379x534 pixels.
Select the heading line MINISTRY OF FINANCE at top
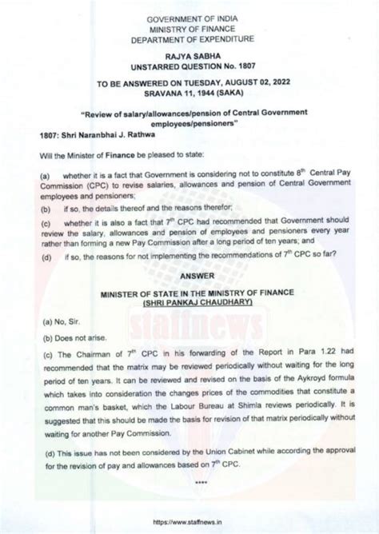coord(189,26)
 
